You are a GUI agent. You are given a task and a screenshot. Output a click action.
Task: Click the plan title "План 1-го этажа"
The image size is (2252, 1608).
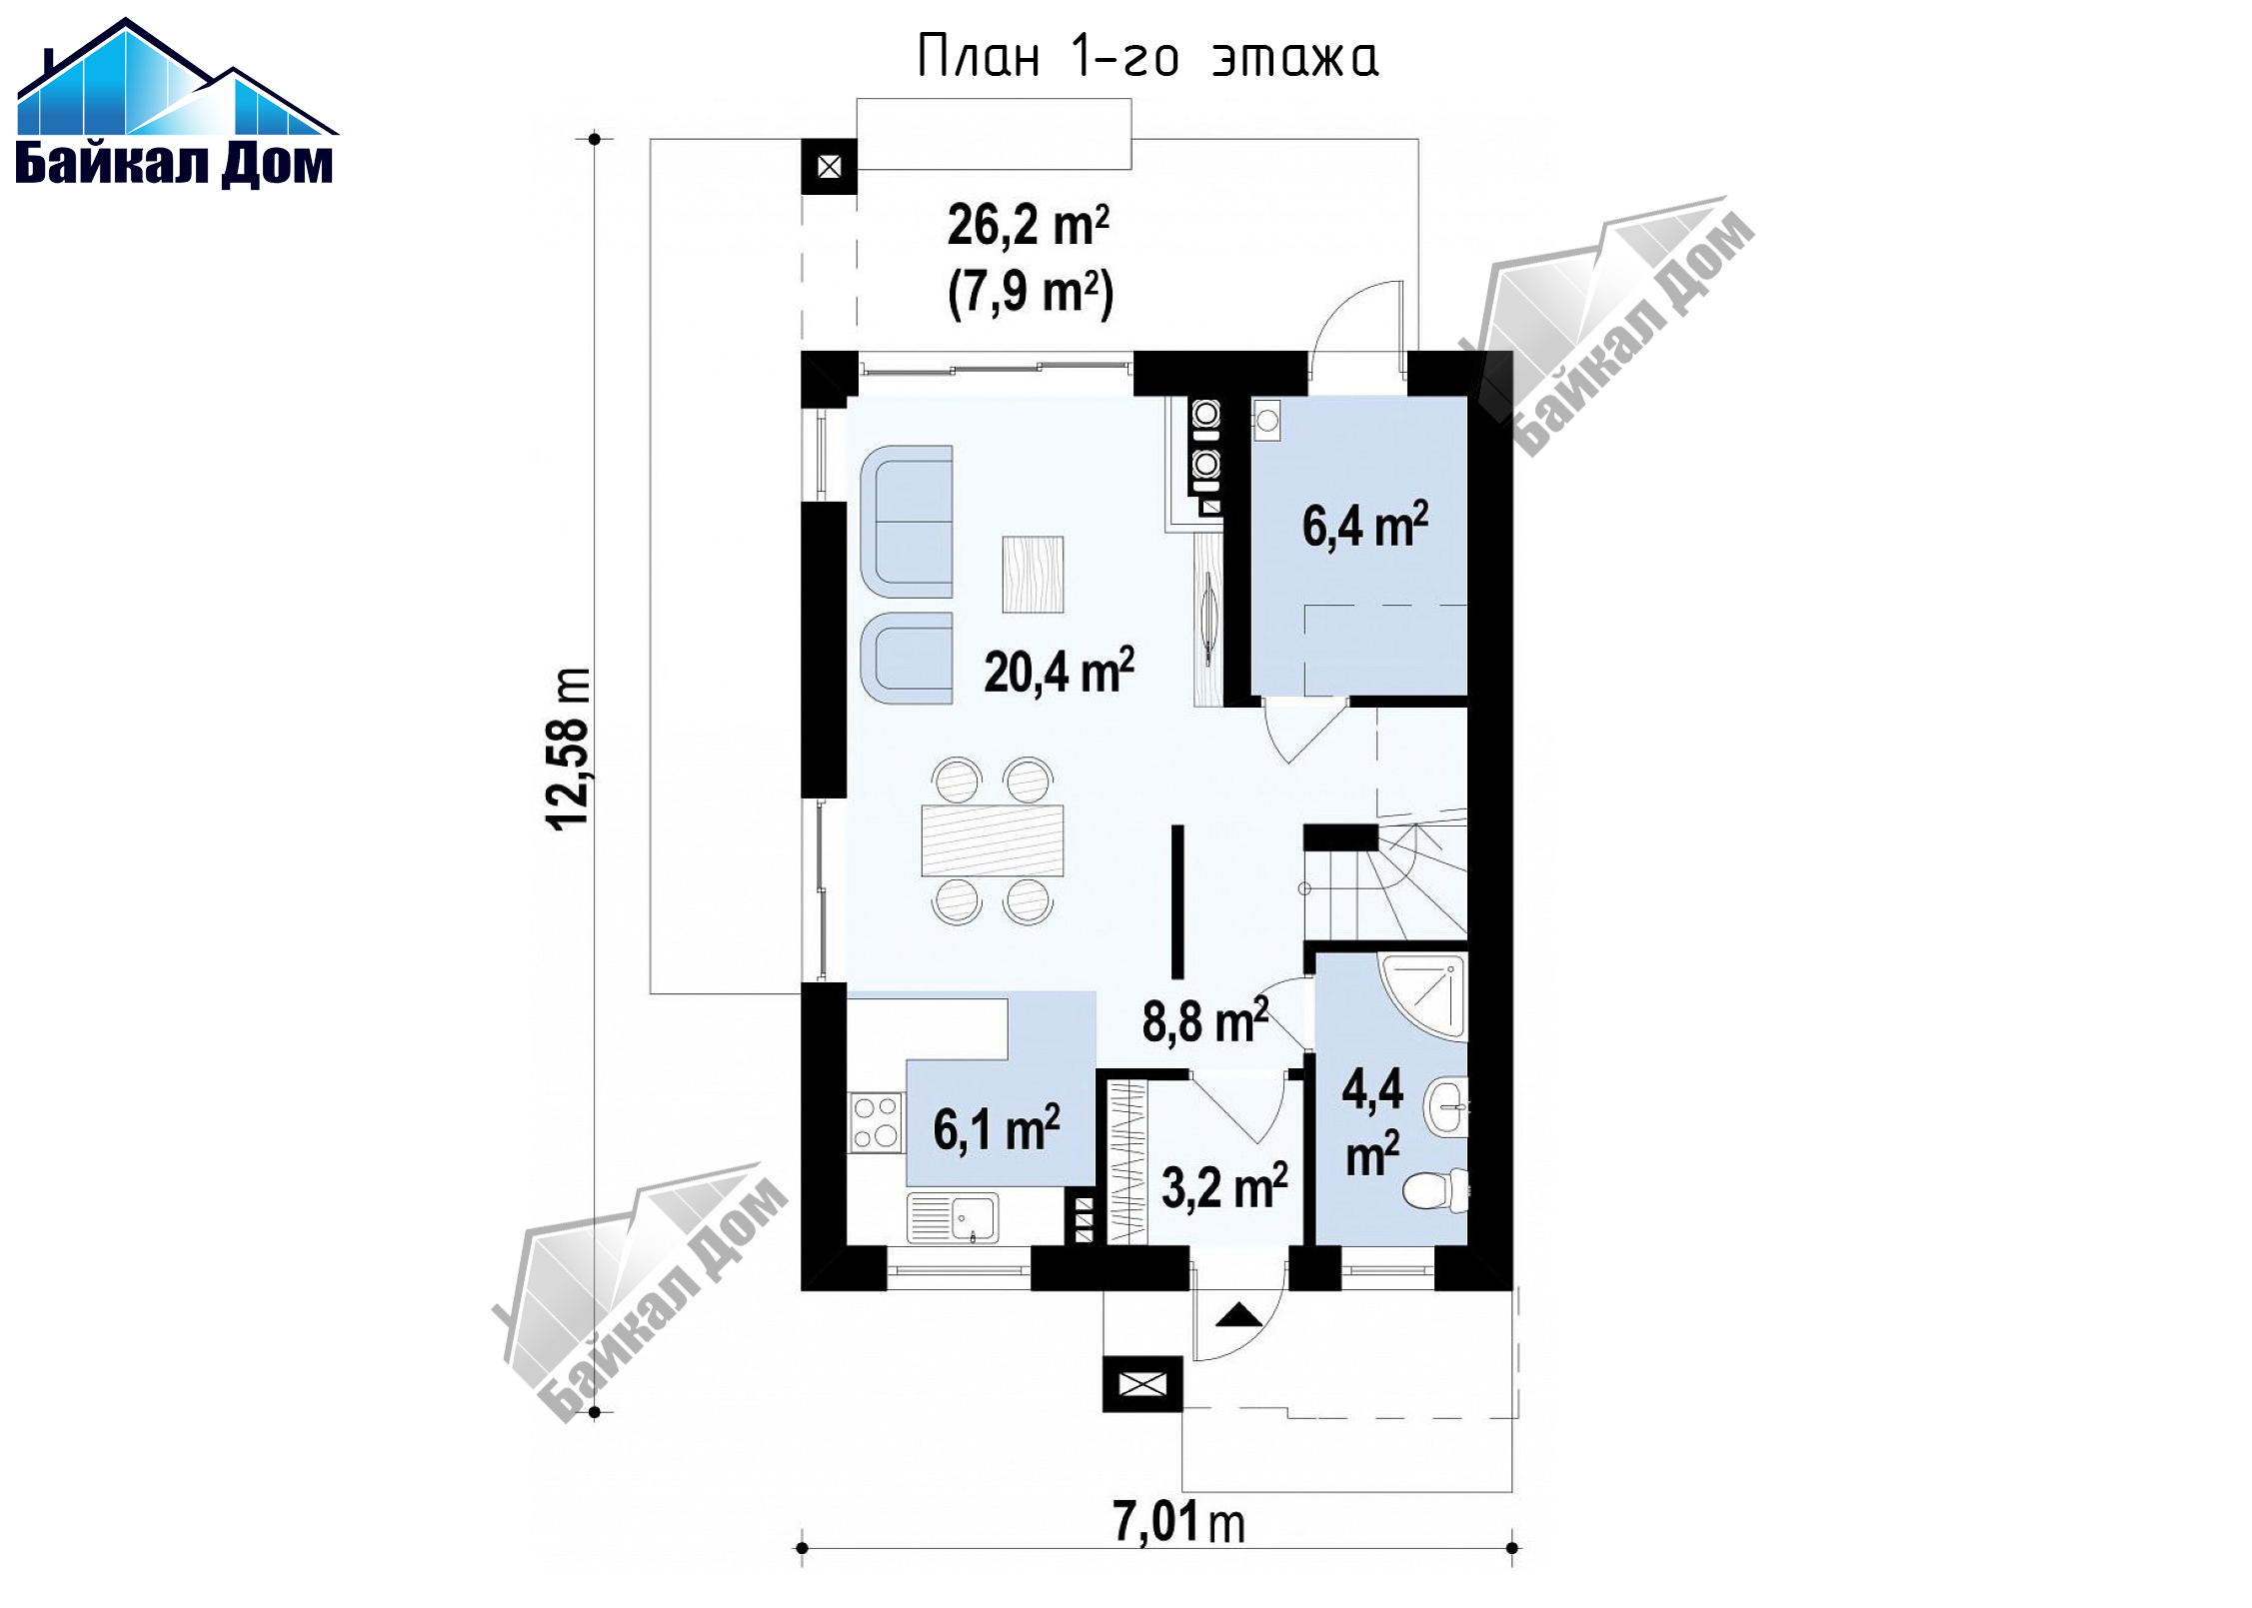coord(1147,57)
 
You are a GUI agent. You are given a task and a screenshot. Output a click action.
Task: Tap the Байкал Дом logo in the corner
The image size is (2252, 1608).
coord(177,102)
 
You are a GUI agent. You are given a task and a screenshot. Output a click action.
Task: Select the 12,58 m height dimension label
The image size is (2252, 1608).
coord(569,750)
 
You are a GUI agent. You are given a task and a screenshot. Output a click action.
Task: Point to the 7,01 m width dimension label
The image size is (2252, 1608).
coord(1179,1523)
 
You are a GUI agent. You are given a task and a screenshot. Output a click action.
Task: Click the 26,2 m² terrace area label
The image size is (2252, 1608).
coord(1029,225)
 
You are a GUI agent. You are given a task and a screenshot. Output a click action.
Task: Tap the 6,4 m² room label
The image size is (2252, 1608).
coord(1365,525)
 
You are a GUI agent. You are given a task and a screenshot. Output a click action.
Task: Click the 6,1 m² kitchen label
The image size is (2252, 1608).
coord(997,1128)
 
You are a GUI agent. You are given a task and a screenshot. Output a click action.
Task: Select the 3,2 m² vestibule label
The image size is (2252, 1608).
coord(1224,1187)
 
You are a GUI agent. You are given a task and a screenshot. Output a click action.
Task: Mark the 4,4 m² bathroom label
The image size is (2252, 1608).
coord(1372,1120)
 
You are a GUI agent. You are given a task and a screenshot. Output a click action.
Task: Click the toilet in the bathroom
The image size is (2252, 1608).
coord(1435,1190)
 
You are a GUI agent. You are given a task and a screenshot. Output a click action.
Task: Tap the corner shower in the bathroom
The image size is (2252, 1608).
coord(1423,996)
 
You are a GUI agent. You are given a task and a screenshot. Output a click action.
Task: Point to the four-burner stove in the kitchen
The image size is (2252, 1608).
coord(876,1122)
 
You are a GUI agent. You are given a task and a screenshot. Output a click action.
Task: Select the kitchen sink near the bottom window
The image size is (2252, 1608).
coord(953,1218)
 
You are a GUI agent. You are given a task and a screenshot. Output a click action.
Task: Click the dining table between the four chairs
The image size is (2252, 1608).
coord(993,840)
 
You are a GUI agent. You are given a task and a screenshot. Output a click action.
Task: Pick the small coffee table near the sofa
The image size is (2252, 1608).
coord(1033,575)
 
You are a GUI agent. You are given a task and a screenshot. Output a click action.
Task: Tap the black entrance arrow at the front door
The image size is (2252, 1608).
coord(1239,1314)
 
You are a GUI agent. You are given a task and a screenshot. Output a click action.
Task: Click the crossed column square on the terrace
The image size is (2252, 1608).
coord(829,167)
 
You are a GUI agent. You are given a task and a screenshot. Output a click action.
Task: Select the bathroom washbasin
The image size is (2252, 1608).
coord(1446,1107)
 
